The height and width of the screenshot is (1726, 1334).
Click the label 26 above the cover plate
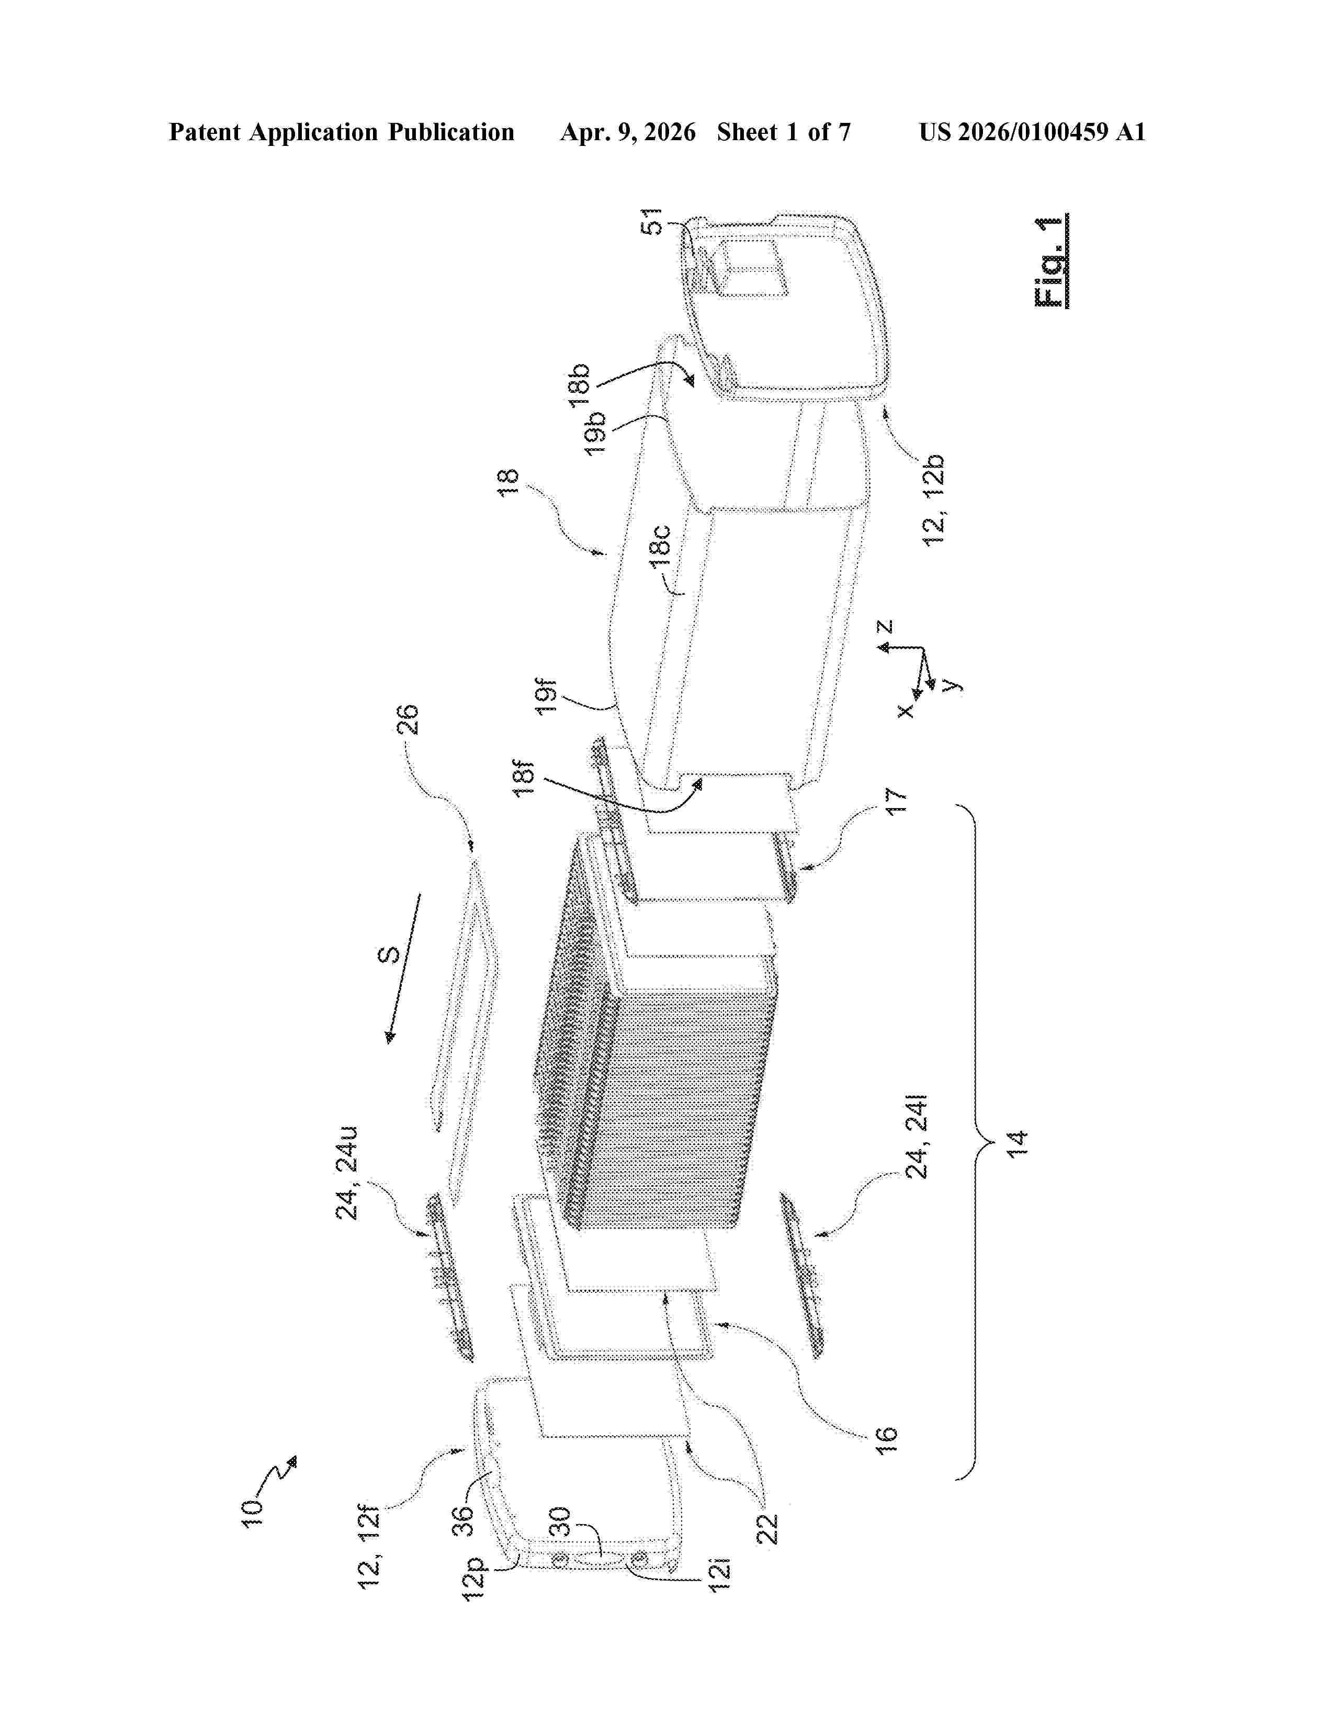coord(410,720)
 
